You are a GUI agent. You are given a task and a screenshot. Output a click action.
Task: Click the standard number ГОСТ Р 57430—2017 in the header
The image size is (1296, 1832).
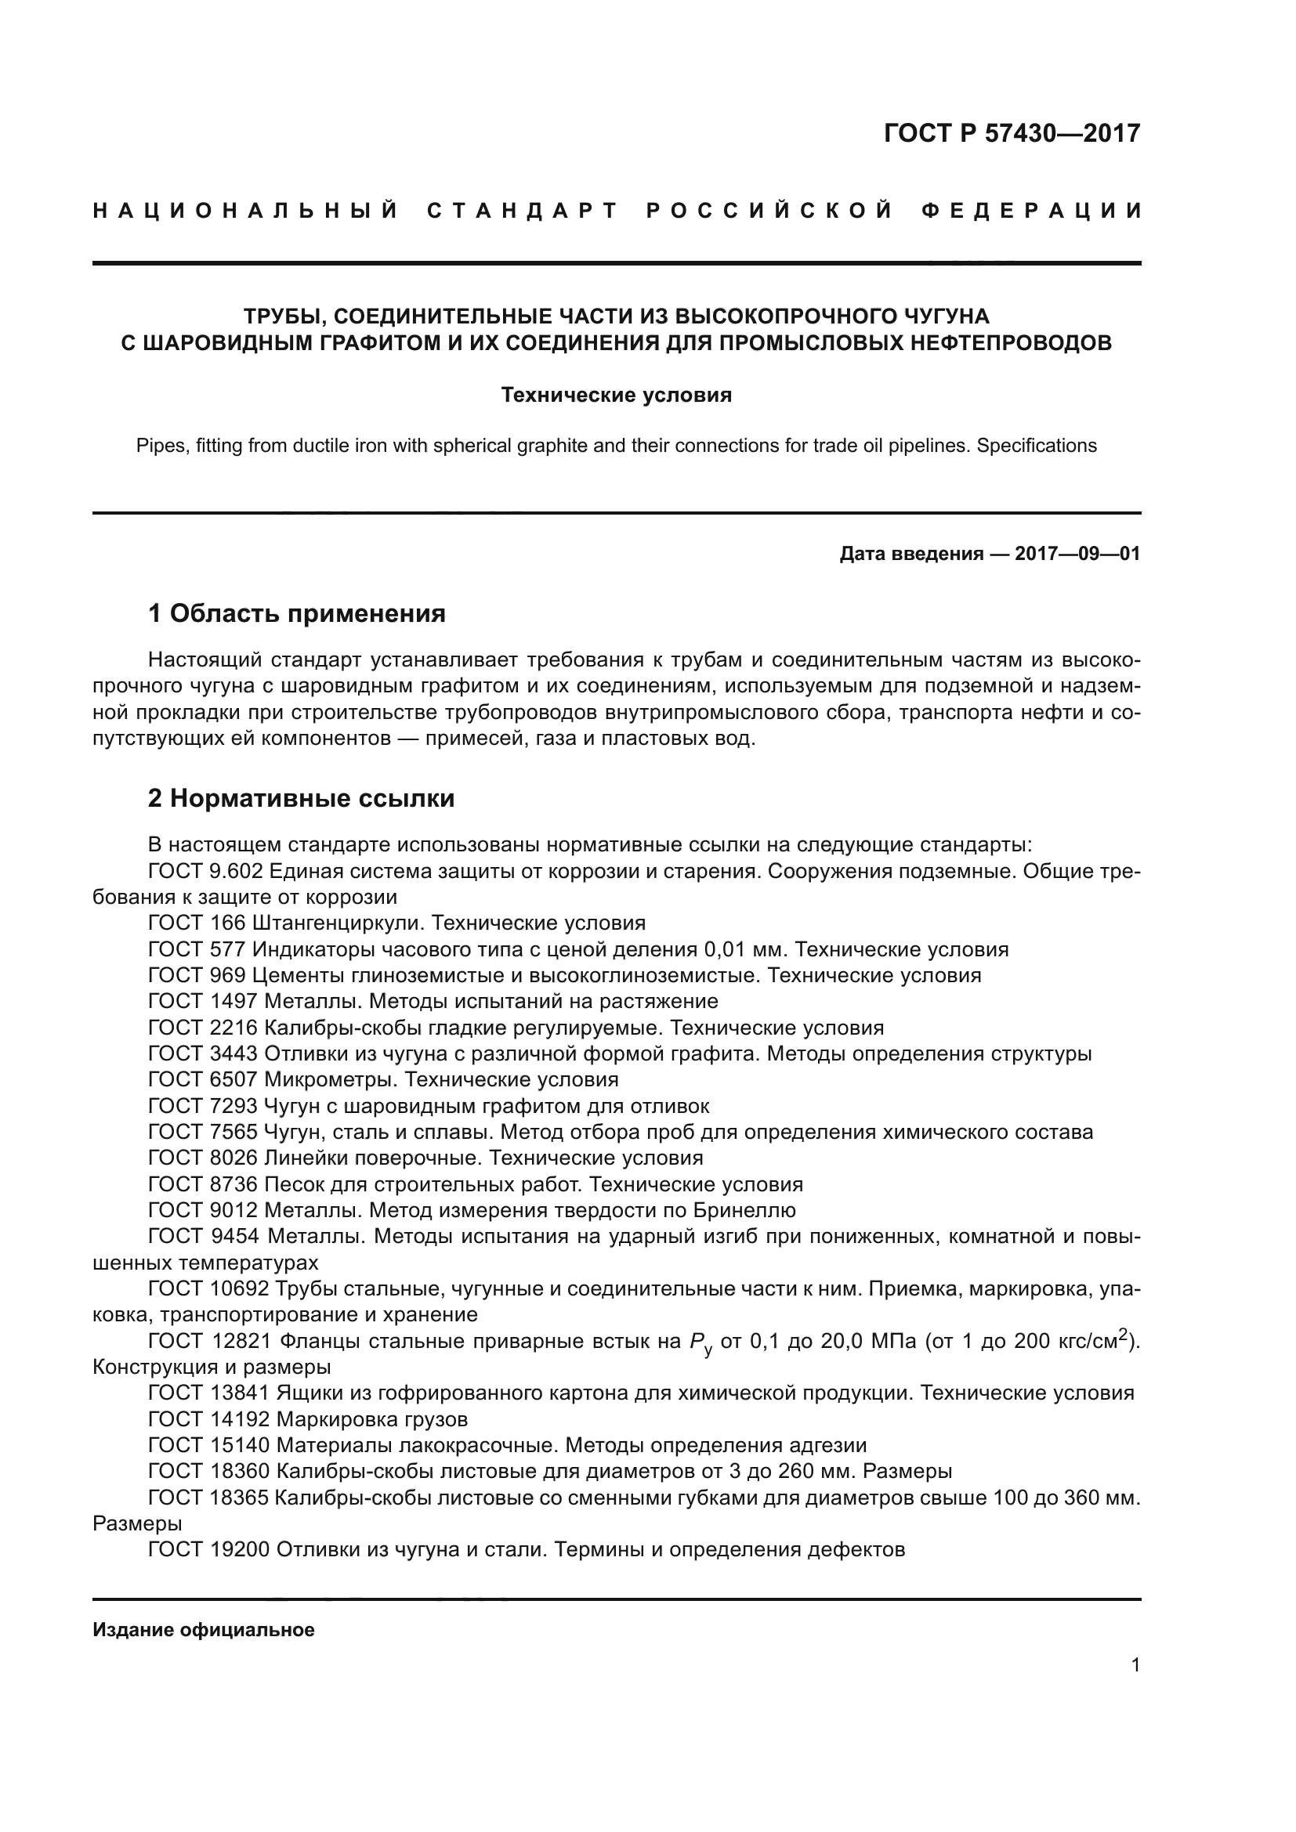pos(1012,133)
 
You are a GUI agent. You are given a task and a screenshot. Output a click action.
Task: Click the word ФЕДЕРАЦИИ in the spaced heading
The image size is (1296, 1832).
pos(1031,211)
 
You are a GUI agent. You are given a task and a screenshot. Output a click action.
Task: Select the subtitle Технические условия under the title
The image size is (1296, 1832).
pos(616,395)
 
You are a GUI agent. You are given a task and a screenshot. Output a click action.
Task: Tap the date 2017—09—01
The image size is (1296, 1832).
pos(1077,554)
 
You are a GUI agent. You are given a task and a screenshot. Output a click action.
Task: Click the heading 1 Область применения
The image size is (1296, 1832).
pos(296,613)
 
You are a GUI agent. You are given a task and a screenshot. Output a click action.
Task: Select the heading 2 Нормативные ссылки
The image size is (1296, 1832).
pos(301,799)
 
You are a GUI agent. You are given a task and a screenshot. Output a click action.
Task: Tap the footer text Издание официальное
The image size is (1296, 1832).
pos(204,1630)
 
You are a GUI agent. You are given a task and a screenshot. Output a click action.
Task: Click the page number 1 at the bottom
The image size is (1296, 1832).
pos(1135,1664)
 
